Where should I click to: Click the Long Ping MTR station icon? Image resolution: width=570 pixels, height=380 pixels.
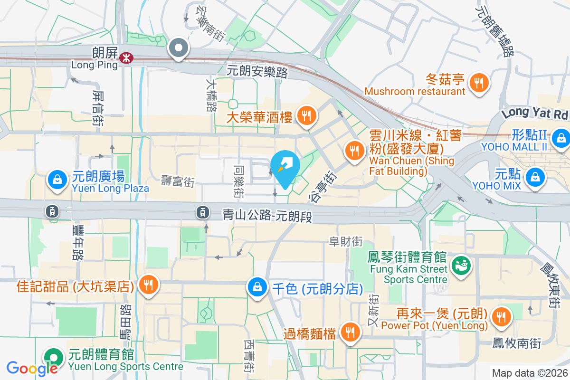click(x=126, y=58)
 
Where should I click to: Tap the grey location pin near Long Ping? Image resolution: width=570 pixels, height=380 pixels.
click(x=179, y=48)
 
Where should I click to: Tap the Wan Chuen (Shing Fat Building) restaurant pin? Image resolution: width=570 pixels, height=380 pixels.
click(x=354, y=152)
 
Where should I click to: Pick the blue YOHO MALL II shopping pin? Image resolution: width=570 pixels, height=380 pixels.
click(x=562, y=138)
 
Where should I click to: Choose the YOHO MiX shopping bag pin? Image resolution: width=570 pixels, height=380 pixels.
click(x=535, y=177)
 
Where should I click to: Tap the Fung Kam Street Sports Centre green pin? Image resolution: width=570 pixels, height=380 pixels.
click(x=460, y=265)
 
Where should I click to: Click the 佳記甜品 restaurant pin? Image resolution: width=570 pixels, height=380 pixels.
click(x=149, y=285)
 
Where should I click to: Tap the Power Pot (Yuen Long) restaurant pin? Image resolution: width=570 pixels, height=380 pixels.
click(x=501, y=317)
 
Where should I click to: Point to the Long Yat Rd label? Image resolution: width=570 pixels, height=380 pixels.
click(x=535, y=113)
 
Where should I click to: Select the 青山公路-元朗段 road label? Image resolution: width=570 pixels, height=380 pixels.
click(x=267, y=216)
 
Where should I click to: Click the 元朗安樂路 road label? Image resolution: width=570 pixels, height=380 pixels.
click(x=257, y=72)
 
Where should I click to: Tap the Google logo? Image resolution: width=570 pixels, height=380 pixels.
click(x=32, y=368)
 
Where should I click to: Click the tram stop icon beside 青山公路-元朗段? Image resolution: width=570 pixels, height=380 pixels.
click(x=203, y=212)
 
